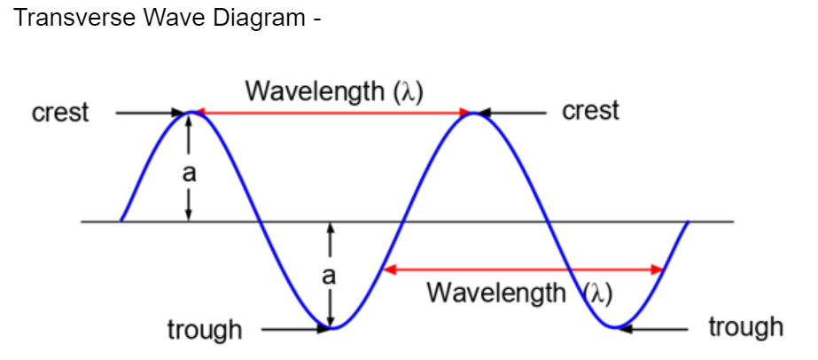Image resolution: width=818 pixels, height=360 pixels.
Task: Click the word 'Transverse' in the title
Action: (69, 19)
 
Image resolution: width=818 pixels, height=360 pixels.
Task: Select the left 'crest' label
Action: (60, 113)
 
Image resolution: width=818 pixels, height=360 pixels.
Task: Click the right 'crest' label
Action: (590, 111)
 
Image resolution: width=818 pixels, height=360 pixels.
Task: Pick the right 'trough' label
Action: (745, 327)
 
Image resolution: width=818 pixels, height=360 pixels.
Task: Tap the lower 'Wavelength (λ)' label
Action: (519, 292)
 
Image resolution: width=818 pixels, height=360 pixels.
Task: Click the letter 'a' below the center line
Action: (330, 275)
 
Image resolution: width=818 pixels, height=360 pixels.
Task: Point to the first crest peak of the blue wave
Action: (189, 113)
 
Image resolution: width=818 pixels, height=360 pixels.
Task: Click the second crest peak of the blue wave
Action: (474, 113)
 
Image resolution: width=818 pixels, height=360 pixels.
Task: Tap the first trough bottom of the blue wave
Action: (331, 328)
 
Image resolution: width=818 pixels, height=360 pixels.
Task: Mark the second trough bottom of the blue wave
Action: (616, 328)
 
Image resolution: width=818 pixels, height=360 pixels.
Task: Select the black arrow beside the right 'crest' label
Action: (514, 113)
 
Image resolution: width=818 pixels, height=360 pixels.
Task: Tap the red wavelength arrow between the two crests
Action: (331, 113)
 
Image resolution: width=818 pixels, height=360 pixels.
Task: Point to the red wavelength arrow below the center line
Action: (523, 269)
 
